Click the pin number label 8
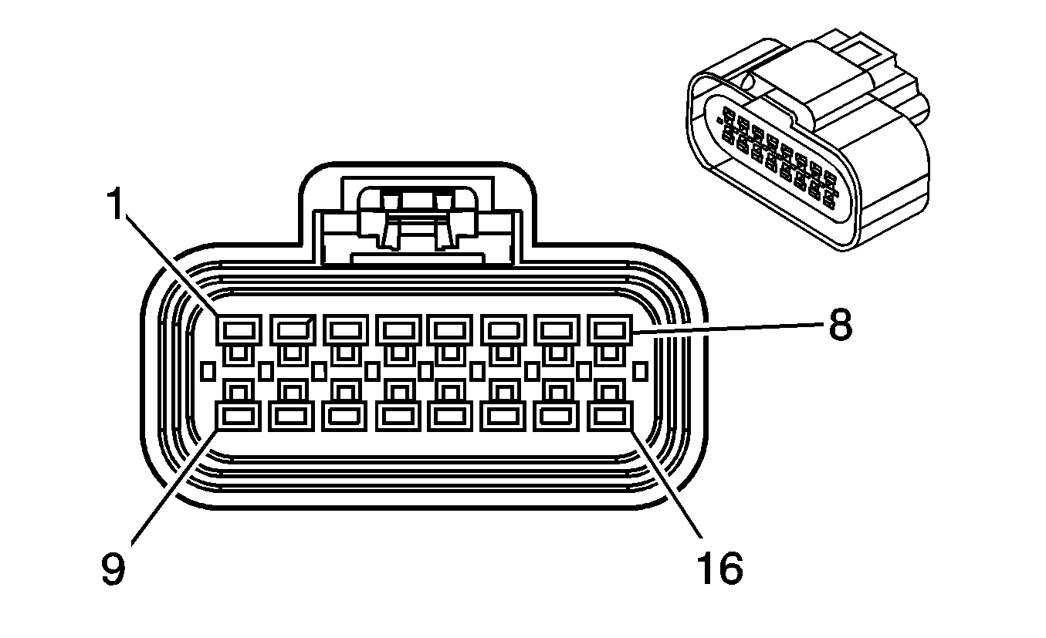[839, 326]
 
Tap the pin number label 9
[113, 569]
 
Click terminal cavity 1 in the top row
[238, 330]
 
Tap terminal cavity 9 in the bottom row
[238, 417]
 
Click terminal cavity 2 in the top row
[291, 330]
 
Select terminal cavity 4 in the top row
[398, 330]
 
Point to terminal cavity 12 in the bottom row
[398, 417]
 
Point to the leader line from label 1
[170, 262]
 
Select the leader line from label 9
[174, 486]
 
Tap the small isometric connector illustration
[807, 147]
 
